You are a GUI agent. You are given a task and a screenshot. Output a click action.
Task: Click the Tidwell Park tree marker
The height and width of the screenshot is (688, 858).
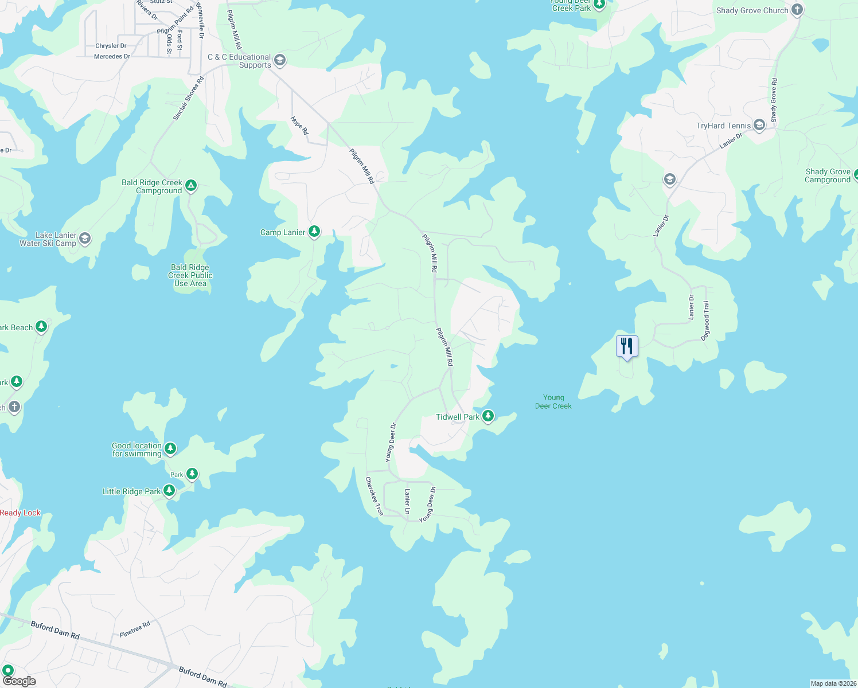488,416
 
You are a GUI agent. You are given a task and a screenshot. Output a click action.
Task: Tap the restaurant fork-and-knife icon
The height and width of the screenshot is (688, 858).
627,346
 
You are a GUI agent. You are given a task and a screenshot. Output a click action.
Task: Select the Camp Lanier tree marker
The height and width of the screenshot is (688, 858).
314,232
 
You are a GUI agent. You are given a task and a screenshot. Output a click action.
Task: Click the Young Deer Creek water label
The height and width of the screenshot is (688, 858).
553,401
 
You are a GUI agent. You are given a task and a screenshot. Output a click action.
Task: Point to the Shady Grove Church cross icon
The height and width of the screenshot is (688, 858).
797,10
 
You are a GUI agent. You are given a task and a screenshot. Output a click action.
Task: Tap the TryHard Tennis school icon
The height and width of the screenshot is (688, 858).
759,125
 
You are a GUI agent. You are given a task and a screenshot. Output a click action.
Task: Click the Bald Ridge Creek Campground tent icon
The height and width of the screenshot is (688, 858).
191,185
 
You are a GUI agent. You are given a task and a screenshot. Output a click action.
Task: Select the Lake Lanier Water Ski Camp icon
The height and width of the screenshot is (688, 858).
85,239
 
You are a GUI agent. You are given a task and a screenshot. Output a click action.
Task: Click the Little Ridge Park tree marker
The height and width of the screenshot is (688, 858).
169,491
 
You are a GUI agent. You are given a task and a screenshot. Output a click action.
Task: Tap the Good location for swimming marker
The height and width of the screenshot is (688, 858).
170,448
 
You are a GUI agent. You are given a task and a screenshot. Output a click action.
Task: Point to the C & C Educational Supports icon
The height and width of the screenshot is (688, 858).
280,60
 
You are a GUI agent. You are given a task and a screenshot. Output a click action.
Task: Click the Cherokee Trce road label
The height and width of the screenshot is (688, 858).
375,496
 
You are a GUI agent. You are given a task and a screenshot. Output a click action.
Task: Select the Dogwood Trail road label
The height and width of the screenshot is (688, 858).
706,320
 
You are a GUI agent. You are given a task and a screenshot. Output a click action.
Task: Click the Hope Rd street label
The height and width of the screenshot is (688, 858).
299,126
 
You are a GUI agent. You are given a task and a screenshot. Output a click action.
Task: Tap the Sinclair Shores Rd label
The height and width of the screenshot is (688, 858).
189,99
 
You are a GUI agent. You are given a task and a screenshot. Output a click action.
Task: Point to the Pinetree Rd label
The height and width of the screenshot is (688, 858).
135,630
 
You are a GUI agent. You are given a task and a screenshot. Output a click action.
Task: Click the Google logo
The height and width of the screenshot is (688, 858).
19,681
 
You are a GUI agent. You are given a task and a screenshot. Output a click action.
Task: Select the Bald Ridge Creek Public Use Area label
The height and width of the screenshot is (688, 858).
190,275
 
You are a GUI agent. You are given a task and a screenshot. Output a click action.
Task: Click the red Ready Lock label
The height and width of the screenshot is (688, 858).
21,513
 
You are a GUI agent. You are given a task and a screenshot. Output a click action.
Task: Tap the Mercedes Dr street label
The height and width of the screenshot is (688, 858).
112,56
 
